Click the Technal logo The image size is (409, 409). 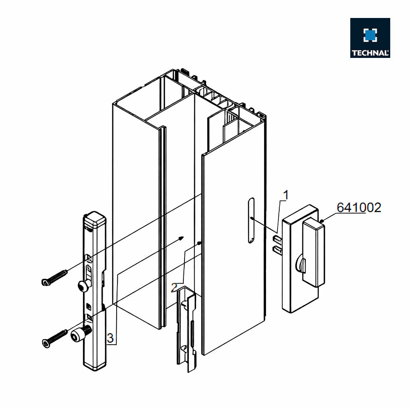pos(370,38)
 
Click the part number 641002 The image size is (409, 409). pos(359,208)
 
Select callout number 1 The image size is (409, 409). pos(286,195)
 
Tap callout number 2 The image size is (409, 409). pos(175,288)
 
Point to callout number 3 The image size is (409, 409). pos(110,338)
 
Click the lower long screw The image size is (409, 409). pos(54,339)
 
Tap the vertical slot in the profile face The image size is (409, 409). pos(251,220)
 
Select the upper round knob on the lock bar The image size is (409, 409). pos(82,286)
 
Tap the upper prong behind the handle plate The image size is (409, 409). pos(277,238)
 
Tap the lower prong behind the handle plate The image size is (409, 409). pos(277,250)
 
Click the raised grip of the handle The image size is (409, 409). pos(314,252)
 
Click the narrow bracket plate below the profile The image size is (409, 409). pos(187,329)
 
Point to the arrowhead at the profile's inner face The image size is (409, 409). pos(181,238)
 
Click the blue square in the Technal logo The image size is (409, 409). pos(370,36)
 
